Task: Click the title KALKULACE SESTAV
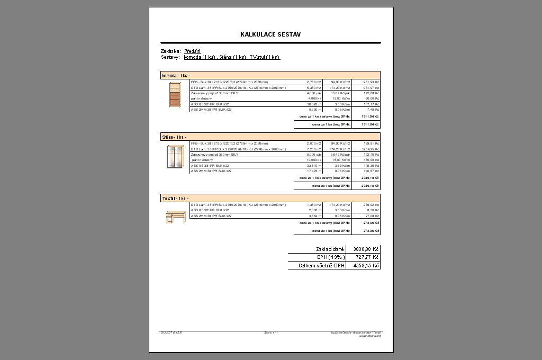point(270,34)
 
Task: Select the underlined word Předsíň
point(192,51)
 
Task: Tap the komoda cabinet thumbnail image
point(175,95)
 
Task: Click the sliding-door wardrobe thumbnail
point(175,156)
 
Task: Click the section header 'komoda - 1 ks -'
point(176,76)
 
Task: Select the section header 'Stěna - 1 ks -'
point(174,137)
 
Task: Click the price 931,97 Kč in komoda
point(371,88)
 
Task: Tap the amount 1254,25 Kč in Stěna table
point(371,149)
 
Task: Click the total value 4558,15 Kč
point(366,265)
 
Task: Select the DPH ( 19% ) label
point(331,257)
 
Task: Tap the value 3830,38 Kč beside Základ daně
point(366,249)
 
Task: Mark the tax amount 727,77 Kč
point(367,257)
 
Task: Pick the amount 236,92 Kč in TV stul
point(372,205)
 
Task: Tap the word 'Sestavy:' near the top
point(170,57)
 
